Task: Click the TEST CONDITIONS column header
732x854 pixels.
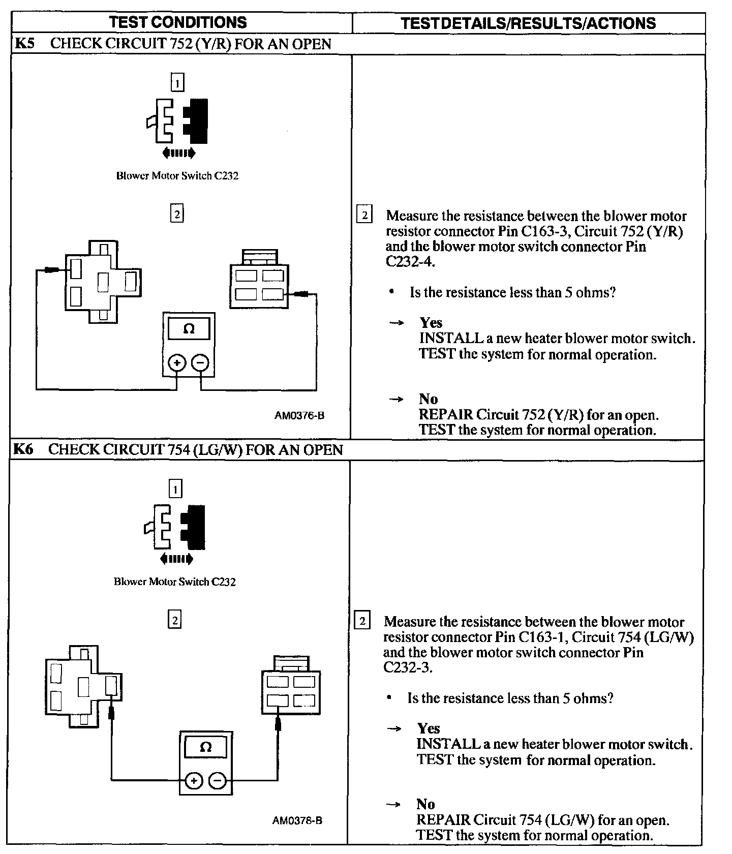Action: (x=178, y=22)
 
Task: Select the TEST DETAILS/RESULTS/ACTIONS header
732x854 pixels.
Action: (x=528, y=23)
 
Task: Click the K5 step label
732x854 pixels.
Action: (x=24, y=44)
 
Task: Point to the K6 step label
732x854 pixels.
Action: (x=23, y=450)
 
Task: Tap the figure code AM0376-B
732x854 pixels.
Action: (x=299, y=415)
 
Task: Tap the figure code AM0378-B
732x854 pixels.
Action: (x=297, y=820)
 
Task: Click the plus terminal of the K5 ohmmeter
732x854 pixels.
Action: (x=177, y=363)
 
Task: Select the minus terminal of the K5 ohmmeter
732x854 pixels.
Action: (x=201, y=363)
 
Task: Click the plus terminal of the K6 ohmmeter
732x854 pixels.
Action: (x=194, y=781)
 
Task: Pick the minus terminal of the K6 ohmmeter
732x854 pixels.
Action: (x=218, y=781)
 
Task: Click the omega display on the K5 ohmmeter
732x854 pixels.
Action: (x=189, y=329)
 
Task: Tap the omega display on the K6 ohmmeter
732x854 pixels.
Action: (x=205, y=747)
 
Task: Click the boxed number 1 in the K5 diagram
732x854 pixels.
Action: (x=177, y=82)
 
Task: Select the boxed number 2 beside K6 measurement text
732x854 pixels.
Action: (x=362, y=621)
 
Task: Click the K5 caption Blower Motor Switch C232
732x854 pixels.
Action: (x=177, y=176)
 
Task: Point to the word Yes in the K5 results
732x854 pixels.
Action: (x=431, y=323)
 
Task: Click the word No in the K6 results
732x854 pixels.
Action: (x=425, y=804)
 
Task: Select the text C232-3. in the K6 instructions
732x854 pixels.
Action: (x=408, y=667)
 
